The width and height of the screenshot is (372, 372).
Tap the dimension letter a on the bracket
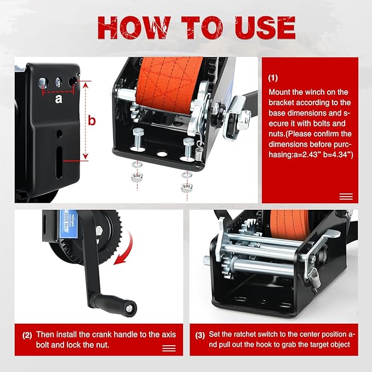59,100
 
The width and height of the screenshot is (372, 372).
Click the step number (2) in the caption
27,334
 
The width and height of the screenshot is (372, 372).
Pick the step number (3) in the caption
201,334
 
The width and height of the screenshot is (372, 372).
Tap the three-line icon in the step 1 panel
346,197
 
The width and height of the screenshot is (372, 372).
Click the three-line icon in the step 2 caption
169,348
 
